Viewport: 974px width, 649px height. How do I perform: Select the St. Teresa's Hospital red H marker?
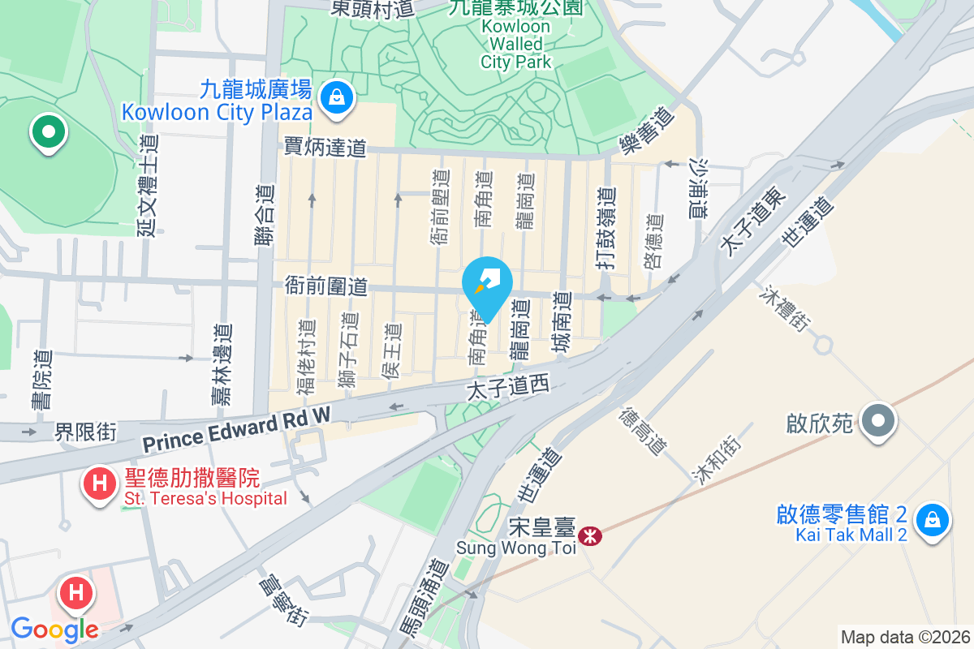(99, 484)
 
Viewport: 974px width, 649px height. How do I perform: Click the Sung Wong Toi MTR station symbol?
(590, 535)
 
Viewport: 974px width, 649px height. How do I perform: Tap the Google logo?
(54, 629)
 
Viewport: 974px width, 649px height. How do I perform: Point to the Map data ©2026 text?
(904, 637)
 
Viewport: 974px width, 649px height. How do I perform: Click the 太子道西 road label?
(508, 389)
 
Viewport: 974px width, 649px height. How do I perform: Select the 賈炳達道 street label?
(325, 147)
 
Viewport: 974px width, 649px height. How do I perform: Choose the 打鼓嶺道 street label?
(606, 230)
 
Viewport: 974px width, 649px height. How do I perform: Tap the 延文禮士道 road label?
(149, 185)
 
